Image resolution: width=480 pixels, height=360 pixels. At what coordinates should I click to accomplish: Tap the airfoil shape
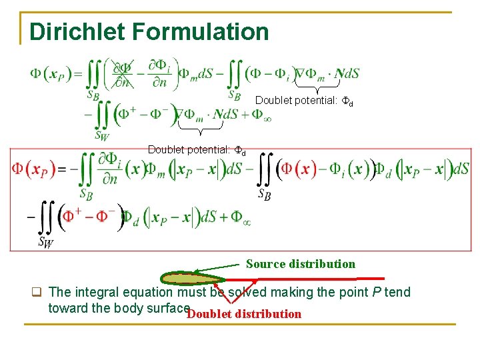coord(193,279)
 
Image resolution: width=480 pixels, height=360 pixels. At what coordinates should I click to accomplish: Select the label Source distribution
coord(301,264)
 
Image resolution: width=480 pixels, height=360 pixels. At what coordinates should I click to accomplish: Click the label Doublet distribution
coord(244,314)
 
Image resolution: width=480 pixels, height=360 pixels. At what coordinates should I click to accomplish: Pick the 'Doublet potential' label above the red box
coord(197,150)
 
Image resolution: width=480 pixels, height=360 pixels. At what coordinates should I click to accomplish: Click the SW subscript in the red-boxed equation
coord(46,241)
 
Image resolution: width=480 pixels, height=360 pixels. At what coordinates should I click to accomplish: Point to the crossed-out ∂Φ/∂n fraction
coord(122,73)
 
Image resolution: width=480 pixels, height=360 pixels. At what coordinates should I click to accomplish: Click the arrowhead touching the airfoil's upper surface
coord(197,272)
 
